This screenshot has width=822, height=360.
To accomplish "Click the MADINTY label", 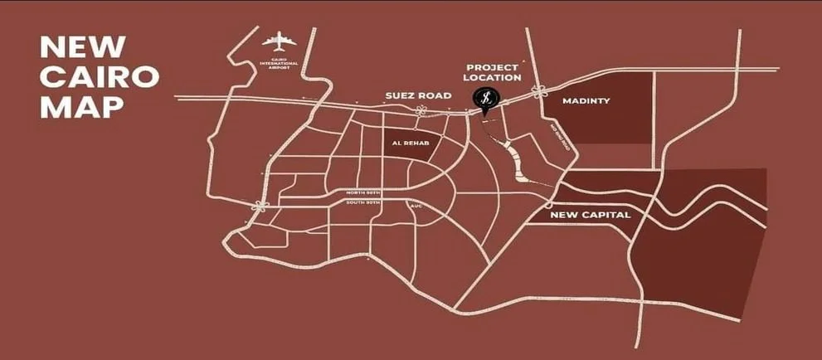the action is click(586, 101).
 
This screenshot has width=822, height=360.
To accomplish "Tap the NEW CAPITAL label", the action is click(591, 215).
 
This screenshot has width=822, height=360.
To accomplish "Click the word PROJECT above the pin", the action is click(492, 66).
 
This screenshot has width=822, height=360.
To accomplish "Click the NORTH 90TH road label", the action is click(363, 193).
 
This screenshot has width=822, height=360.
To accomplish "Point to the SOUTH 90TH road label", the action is click(363, 202).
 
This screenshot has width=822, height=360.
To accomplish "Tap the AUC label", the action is click(416, 204).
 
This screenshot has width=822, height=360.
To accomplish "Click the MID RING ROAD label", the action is click(561, 138).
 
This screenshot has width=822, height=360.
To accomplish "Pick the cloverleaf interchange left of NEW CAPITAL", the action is click(548, 205).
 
